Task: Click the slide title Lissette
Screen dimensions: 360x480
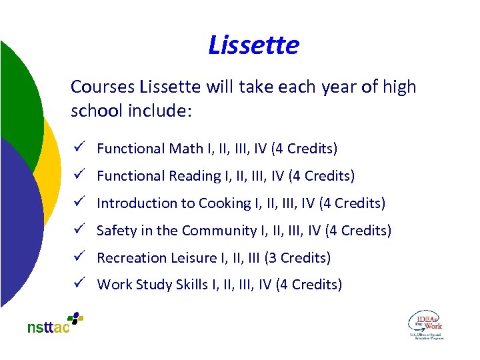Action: click(x=253, y=45)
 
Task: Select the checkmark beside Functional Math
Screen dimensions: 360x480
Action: click(x=78, y=148)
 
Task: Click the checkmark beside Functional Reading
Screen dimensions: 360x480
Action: click(x=78, y=175)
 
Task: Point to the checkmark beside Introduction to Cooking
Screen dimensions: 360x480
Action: click(x=78, y=203)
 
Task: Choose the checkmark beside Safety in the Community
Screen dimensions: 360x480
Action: click(x=78, y=230)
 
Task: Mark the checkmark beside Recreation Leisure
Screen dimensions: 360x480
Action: click(x=78, y=257)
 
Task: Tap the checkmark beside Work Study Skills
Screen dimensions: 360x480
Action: click(x=78, y=285)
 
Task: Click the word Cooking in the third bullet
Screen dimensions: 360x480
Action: click(x=219, y=203)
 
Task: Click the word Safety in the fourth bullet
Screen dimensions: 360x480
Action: click(x=117, y=231)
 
